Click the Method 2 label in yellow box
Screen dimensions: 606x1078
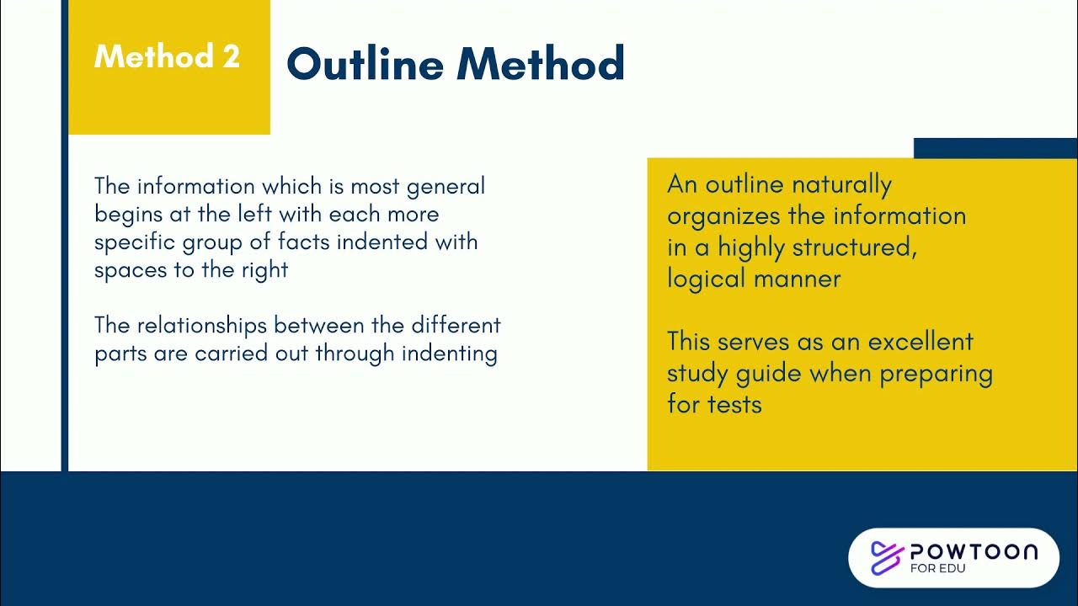(x=167, y=57)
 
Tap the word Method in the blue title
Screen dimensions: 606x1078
(x=542, y=64)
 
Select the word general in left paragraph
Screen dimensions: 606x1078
(x=446, y=186)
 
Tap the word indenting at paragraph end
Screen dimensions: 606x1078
(x=449, y=353)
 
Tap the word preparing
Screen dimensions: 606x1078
(x=936, y=373)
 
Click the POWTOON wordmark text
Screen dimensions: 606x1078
(x=974, y=552)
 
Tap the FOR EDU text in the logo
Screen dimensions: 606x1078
(x=937, y=569)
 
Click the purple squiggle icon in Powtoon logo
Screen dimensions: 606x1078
(x=885, y=557)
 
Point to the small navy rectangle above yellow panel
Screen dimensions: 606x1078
(x=995, y=148)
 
